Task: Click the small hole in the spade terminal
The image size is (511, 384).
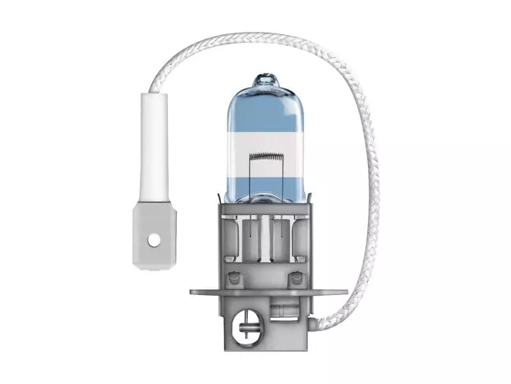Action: click(153, 240)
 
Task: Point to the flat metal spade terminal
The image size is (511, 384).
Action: click(154, 234)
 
